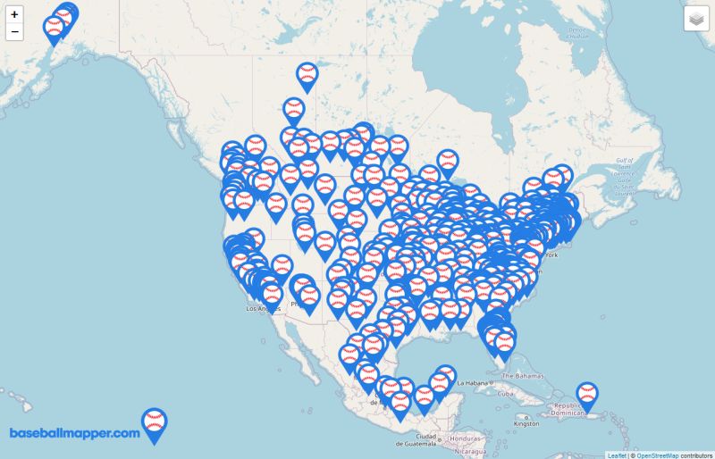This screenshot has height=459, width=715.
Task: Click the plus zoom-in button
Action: point(14,14)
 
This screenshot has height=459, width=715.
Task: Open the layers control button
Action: point(696,20)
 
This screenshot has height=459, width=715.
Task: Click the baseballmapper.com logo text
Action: point(75,433)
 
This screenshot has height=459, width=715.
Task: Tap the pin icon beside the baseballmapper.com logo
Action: point(155,423)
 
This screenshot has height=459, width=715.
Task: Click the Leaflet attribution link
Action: point(617,455)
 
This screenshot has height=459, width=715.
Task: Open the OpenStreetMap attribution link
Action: point(657,455)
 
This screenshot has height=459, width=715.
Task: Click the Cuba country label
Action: point(505,394)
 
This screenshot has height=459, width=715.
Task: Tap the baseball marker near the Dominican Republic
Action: point(586,395)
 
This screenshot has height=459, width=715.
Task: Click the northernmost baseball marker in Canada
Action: point(307,76)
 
